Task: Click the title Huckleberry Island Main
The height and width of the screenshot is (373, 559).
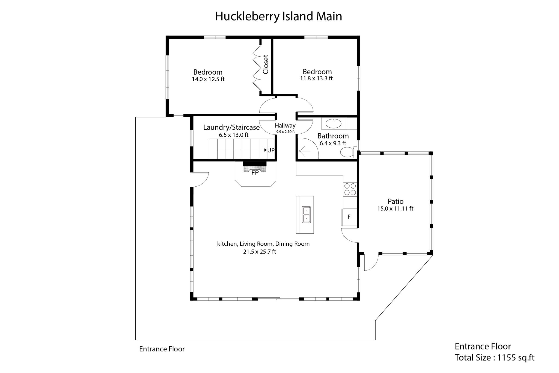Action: tap(278, 16)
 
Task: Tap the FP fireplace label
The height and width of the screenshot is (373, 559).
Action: tap(255, 173)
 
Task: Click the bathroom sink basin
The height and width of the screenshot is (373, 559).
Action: tap(334, 124)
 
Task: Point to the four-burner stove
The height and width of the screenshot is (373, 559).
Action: tap(350, 189)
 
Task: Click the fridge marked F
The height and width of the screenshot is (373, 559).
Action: tap(349, 217)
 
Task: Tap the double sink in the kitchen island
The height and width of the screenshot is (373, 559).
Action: tap(307, 215)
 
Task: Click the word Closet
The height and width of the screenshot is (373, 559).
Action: tap(266, 64)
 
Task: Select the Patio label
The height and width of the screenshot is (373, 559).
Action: tap(396, 201)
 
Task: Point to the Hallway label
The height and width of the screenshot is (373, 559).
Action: tap(285, 126)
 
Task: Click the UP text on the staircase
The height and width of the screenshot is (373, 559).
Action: tap(271, 150)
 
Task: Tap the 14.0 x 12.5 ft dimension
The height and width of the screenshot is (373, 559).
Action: tap(208, 79)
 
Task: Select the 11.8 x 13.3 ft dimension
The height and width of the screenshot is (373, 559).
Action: tap(317, 78)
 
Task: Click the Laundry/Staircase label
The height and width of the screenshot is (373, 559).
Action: tap(231, 128)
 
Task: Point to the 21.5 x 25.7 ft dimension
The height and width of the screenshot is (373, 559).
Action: tap(260, 252)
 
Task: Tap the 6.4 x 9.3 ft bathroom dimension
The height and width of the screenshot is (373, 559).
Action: tap(333, 143)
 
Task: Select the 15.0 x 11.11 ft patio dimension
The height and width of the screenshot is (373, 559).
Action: tap(395, 208)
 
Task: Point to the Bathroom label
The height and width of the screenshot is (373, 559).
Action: tap(333, 136)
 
